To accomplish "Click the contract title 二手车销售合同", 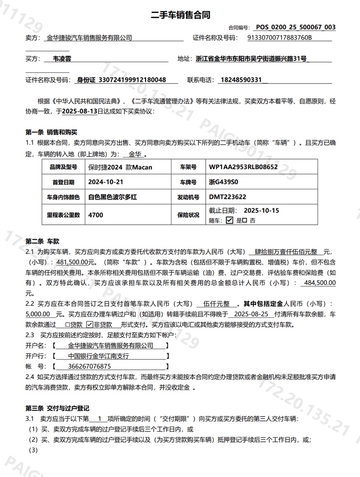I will pyautogui.click(x=180, y=15).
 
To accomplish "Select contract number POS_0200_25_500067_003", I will pyautogui.click(x=296, y=27).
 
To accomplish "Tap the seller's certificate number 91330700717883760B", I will pyautogui.click(x=280, y=38).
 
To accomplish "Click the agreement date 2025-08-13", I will pyautogui.click(x=80, y=111).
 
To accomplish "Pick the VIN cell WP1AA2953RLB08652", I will pyautogui.click(x=243, y=167).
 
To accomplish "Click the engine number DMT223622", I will pyautogui.click(x=227, y=197).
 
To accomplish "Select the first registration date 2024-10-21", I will pyautogui.click(x=106, y=182).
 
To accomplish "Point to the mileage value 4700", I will pyautogui.click(x=96, y=215).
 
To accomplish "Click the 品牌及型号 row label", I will pyautogui.click(x=63, y=167).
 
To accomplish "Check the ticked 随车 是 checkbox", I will pyautogui.click(x=230, y=220).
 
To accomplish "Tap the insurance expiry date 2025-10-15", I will pyautogui.click(x=261, y=210).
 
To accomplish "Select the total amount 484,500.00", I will pyautogui.click(x=320, y=283).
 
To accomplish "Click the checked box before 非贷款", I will pyautogui.click(x=90, y=324).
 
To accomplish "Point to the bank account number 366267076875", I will pyautogui.click(x=90, y=367).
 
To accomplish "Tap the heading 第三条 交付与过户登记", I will pyautogui.click(x=57, y=408).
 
